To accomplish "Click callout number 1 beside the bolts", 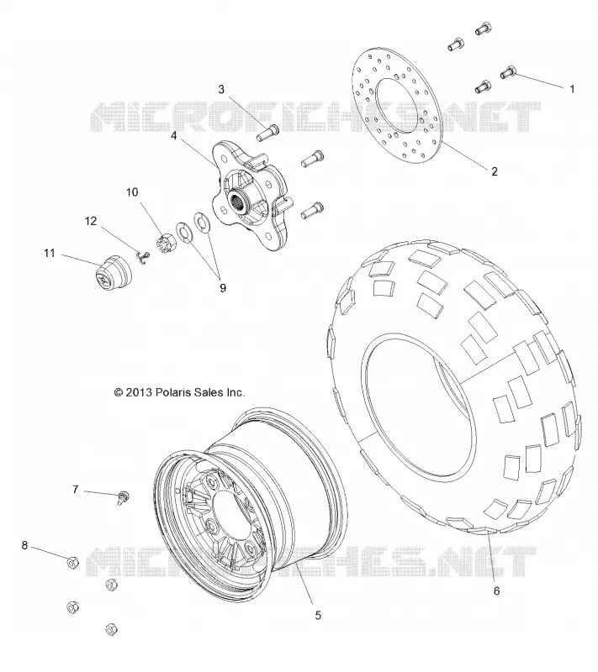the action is (571, 89).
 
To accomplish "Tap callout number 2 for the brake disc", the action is (495, 171).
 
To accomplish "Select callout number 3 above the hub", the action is (221, 89).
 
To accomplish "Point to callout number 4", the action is (173, 135).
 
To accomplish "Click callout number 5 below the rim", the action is (318, 616).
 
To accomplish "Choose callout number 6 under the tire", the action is (496, 591).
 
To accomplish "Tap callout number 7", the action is (75, 489).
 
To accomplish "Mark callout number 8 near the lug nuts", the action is (24, 545).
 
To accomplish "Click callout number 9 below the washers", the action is (223, 288).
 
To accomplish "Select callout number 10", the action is (132, 192).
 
